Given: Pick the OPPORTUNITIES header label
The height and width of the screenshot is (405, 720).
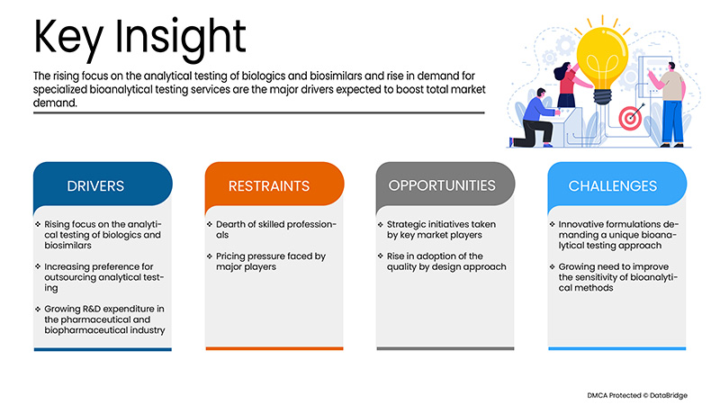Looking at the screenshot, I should [x=441, y=185].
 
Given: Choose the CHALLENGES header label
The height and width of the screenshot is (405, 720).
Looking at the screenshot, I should [x=612, y=186].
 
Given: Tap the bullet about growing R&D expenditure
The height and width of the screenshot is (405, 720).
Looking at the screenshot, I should [x=99, y=318].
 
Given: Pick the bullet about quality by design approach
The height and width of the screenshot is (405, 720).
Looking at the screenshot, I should [x=441, y=263].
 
